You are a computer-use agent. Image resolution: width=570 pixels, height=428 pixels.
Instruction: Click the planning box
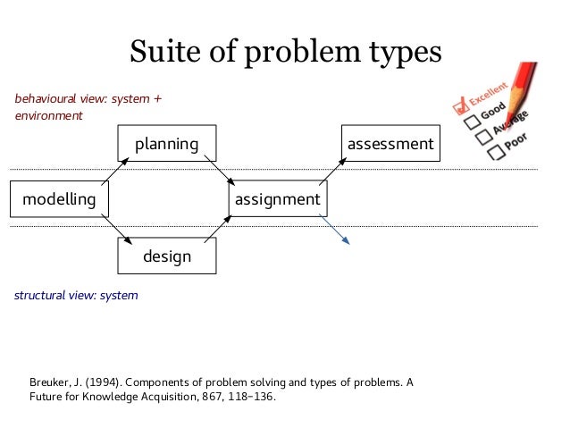pyautogui.click(x=167, y=144)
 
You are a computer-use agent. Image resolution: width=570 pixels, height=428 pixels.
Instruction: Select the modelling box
pyautogui.click(x=59, y=199)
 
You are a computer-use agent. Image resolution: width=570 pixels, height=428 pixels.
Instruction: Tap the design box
pyautogui.click(x=167, y=256)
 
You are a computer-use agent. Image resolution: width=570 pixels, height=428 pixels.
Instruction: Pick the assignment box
pyautogui.click(x=278, y=199)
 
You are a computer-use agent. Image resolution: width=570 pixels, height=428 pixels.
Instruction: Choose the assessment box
pyautogui.click(x=390, y=144)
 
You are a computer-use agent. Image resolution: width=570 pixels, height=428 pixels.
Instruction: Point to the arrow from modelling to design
pyautogui.click(x=115, y=228)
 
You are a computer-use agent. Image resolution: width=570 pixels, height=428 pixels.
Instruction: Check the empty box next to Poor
pyautogui.click(x=495, y=152)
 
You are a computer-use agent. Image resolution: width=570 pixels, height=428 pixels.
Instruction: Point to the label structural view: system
pyautogui.click(x=76, y=295)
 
